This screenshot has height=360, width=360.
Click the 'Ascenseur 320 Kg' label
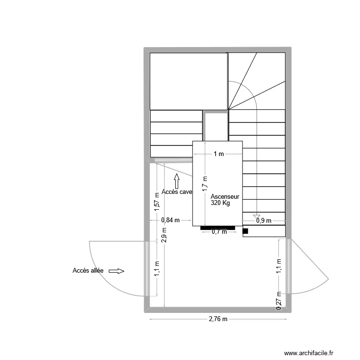pyautogui.click(x=225, y=200)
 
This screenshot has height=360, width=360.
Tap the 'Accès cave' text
pyautogui.click(x=177, y=192)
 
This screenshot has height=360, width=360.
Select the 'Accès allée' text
pyautogui.click(x=88, y=271)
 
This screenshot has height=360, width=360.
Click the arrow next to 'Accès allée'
pyautogui.click(x=117, y=271)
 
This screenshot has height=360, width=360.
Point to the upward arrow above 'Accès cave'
pyautogui.click(x=177, y=181)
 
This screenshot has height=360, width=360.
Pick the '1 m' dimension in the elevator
pyautogui.click(x=218, y=154)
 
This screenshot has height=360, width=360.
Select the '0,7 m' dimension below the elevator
pyautogui.click(x=219, y=232)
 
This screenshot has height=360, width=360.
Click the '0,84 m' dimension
pyautogui.click(x=170, y=220)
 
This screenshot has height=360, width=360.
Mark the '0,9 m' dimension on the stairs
pyautogui.click(x=264, y=221)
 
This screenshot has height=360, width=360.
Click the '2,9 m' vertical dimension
pyautogui.click(x=164, y=237)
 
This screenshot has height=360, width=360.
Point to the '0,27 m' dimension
pyautogui.click(x=278, y=301)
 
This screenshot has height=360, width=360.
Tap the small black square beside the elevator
pyautogui.click(x=245, y=231)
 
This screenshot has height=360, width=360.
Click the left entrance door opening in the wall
pyautogui.click(x=147, y=269)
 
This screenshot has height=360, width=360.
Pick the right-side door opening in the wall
pyautogui.click(x=288, y=266)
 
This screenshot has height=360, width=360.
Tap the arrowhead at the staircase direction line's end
pyautogui.click(x=257, y=216)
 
